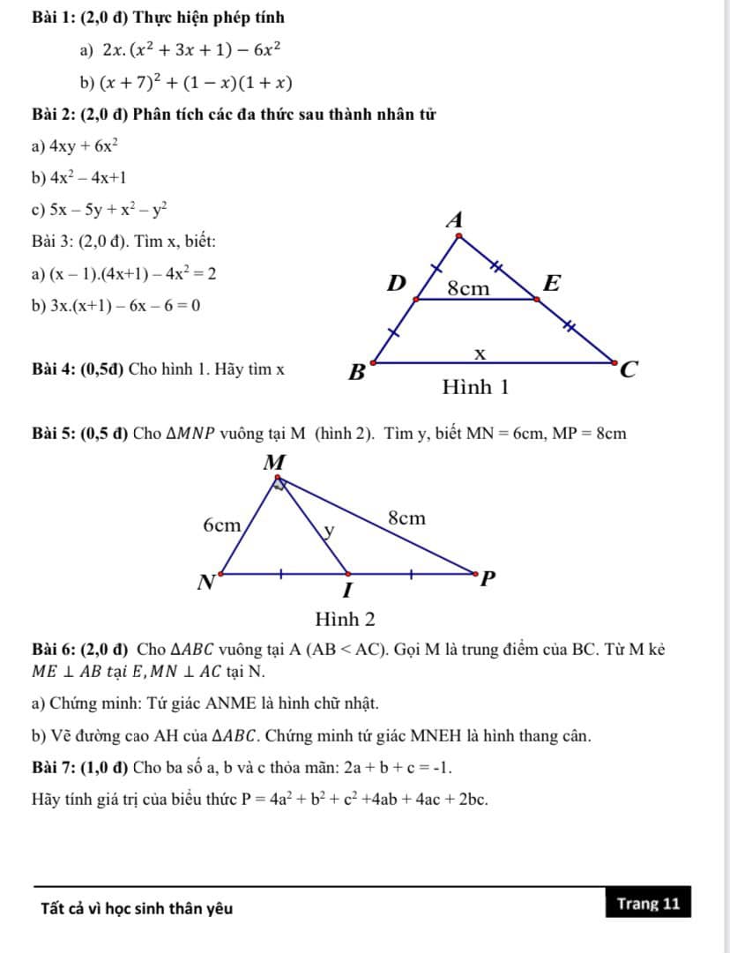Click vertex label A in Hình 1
455,220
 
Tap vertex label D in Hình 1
398,284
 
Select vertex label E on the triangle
552,284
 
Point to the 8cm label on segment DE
468,287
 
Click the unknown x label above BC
480,353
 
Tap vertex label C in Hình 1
627,370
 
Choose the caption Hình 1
476,387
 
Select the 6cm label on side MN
221,525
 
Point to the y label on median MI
329,531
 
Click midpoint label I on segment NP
347,588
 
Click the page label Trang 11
648,904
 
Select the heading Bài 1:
55,18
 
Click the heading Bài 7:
55,767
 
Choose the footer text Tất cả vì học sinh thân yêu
138,908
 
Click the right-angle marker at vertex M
280,481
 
